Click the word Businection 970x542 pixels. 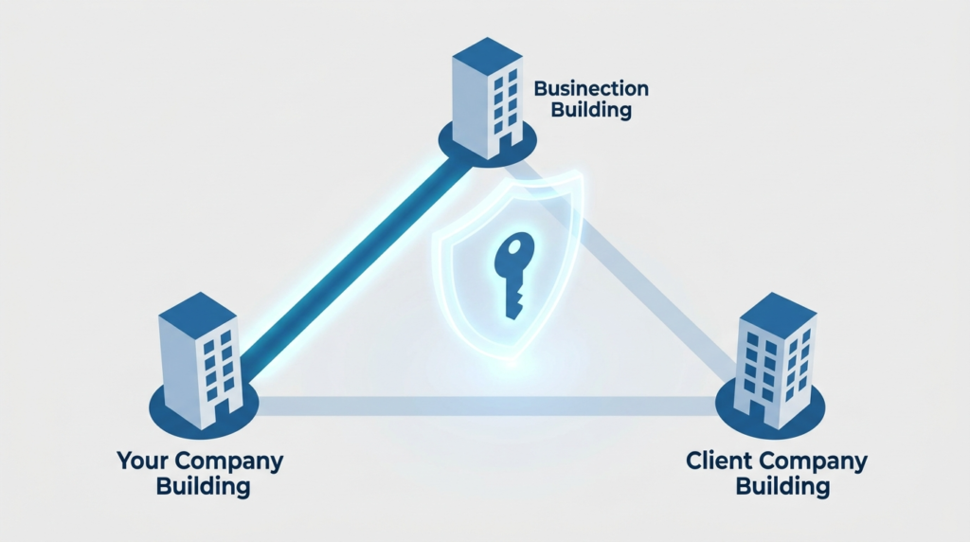(x=591, y=89)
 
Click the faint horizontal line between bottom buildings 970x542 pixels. (x=483, y=406)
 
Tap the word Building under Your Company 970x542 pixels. (x=200, y=488)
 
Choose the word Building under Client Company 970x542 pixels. (x=782, y=488)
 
